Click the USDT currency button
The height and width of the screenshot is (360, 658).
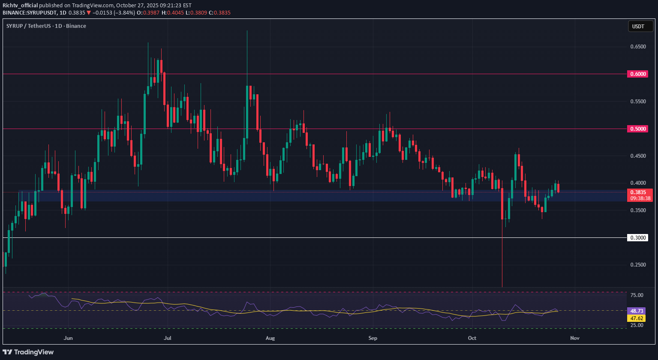[x=638, y=27]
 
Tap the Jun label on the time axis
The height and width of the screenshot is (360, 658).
[x=68, y=338]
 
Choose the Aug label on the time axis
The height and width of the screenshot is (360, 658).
[x=270, y=338]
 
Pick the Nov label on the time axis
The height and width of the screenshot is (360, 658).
[x=575, y=338]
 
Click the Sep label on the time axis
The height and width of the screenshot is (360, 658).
[x=372, y=338]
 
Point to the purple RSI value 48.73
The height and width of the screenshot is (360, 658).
[x=637, y=311]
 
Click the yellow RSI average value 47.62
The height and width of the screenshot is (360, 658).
[x=637, y=318]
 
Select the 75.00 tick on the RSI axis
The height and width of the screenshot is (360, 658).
[x=637, y=295]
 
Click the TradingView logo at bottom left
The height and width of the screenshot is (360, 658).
[x=28, y=352]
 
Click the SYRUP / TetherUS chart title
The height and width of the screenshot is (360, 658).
[x=46, y=26]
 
